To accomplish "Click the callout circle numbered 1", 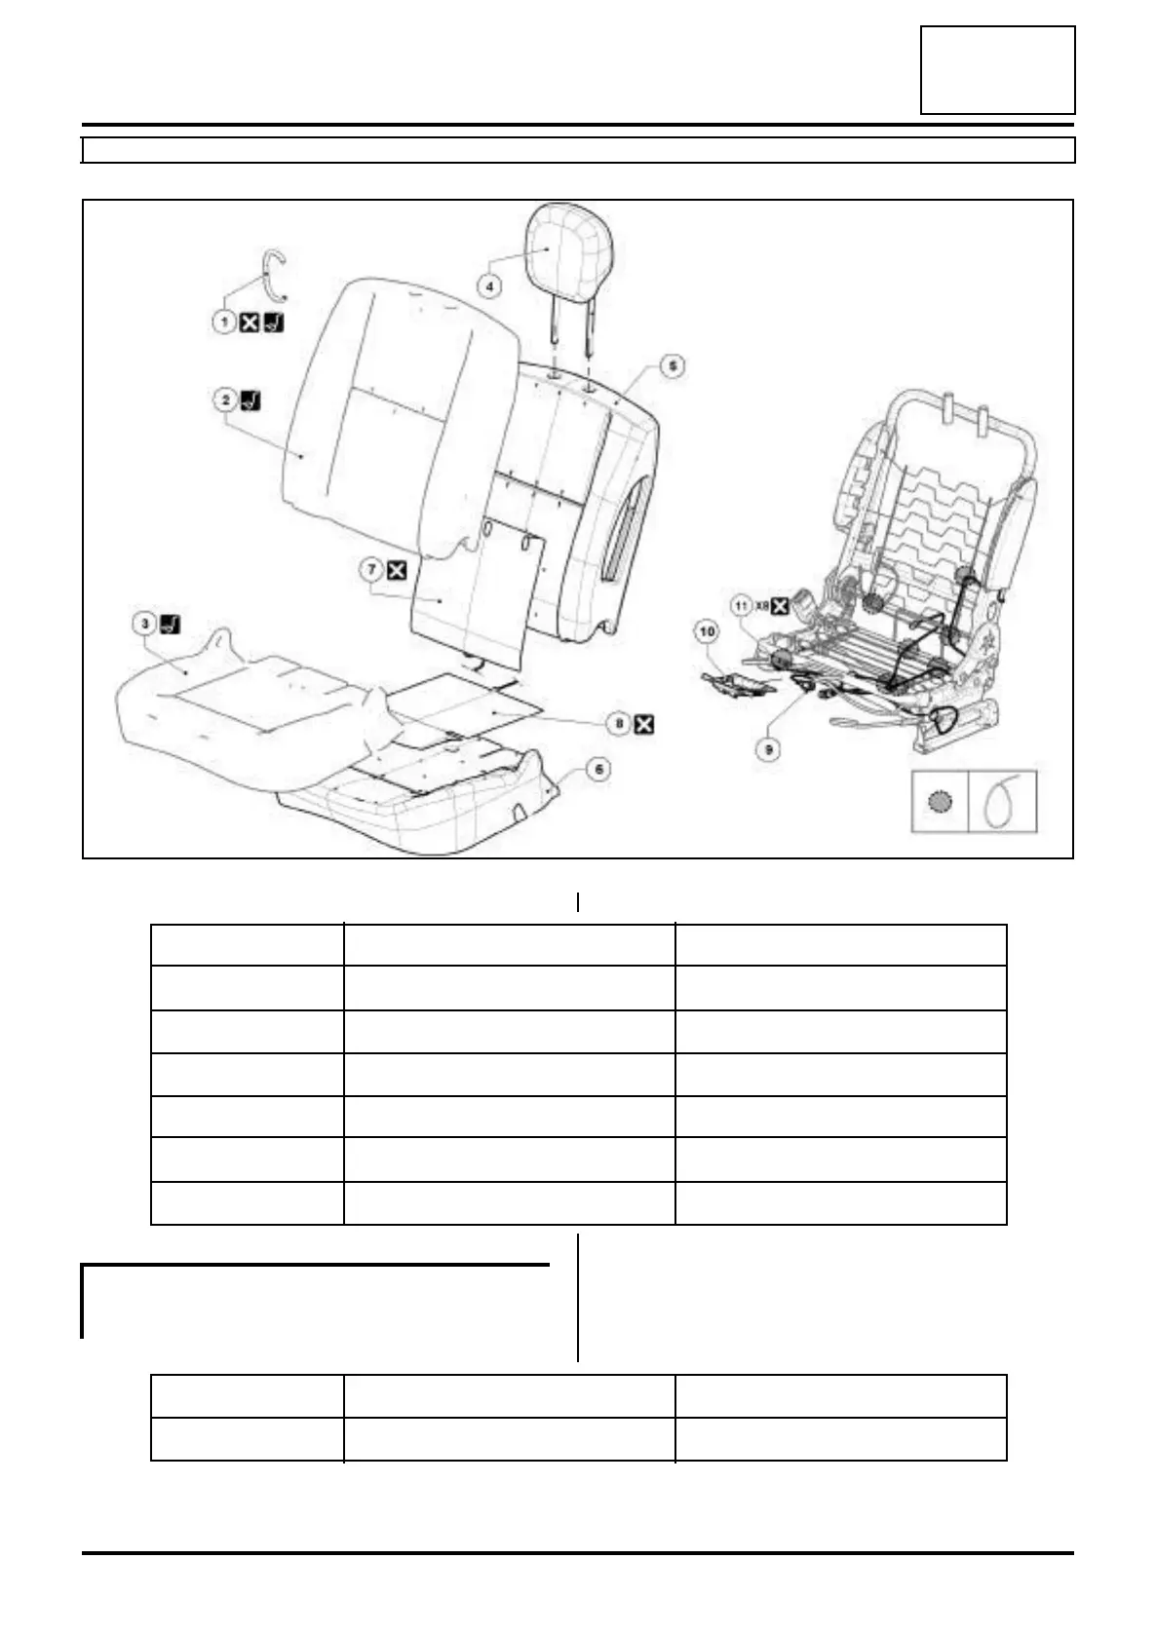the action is pyautogui.click(x=225, y=322).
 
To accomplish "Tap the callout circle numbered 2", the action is pyautogui.click(x=225, y=399).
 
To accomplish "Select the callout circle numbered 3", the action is pyautogui.click(x=143, y=624).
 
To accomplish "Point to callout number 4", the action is pyautogui.click(x=490, y=286).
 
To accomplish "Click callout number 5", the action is pyautogui.click(x=672, y=366).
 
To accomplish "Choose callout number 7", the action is pyautogui.click(x=371, y=570).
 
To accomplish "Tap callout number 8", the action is pyautogui.click(x=619, y=723).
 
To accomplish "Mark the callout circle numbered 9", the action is pyautogui.click(x=770, y=750).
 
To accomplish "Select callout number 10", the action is pyautogui.click(x=707, y=632).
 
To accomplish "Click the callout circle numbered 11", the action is pyautogui.click(x=742, y=605).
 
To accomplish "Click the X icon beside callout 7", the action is pyautogui.click(x=397, y=570).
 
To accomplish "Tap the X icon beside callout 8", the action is pyautogui.click(x=644, y=723).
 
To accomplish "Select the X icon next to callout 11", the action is pyautogui.click(x=780, y=605).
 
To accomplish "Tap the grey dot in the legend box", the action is pyautogui.click(x=941, y=802).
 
